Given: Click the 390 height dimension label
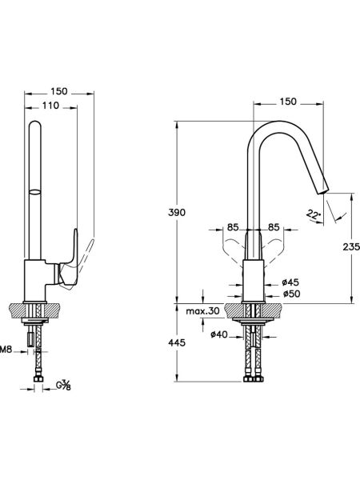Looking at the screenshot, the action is pos(177,212).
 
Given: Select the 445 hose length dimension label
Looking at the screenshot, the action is pos(177,342).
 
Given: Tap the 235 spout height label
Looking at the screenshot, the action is pos(351,246).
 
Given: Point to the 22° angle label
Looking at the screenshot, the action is pos(313,214).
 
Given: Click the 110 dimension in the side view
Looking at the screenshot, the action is pos(50,106).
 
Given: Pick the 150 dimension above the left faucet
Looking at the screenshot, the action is pos(59,91).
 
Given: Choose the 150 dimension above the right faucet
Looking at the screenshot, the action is pos(288,102).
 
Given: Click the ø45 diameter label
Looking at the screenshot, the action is pos(290,282).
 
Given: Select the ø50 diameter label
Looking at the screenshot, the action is pos(292,294).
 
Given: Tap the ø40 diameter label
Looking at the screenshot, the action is pos(219,334).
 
